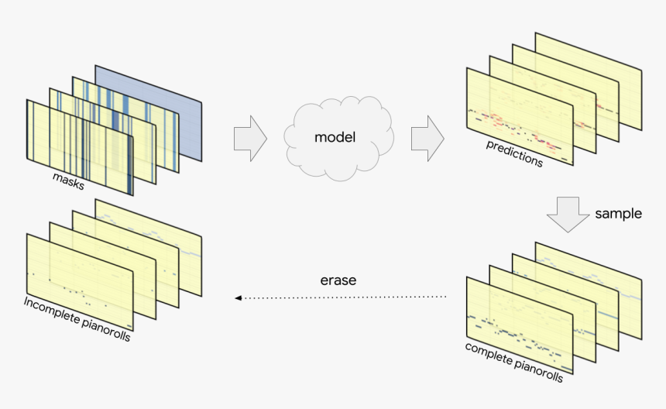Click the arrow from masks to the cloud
[x=249, y=139]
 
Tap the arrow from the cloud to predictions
[x=427, y=139]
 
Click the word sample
[x=618, y=214]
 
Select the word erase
[x=338, y=280]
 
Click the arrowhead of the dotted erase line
[x=239, y=297]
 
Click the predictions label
[x=514, y=154]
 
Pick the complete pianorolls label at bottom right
[x=513, y=362]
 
